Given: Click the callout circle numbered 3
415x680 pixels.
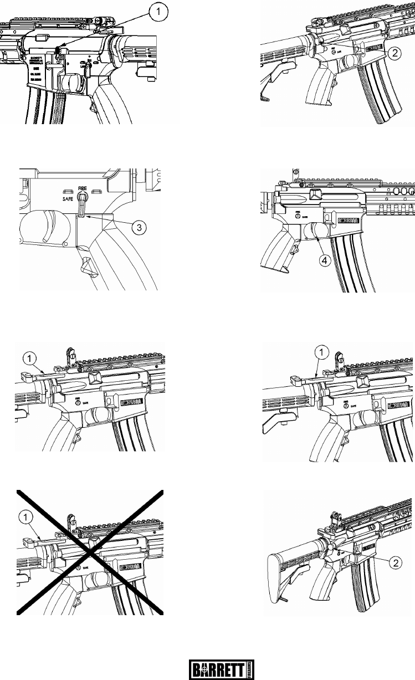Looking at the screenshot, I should click(135, 227).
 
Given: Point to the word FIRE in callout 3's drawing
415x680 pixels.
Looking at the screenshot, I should click(84, 187).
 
